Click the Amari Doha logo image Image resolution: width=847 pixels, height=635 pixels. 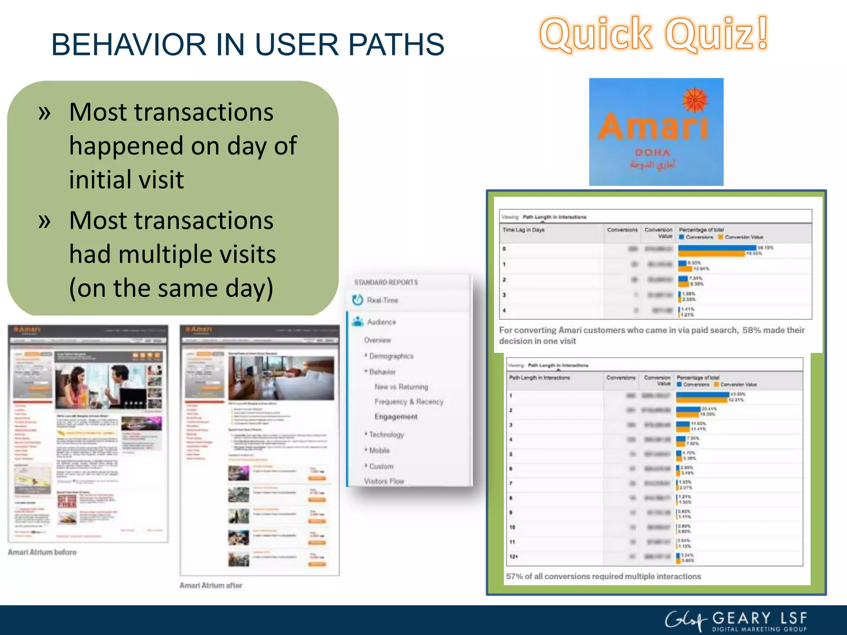coord(656,131)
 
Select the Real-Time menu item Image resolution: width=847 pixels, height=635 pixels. coord(382,300)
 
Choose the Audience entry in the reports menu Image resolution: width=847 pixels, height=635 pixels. coord(381,322)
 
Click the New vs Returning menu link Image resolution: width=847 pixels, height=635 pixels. coord(401,387)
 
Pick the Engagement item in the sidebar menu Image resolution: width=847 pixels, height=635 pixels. coord(396,416)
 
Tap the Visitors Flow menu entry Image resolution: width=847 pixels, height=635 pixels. coord(384,481)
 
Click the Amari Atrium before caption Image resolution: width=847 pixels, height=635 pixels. coord(42,552)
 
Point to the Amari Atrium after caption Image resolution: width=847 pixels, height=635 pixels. coord(211,585)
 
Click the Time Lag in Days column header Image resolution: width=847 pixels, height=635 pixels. coord(523,230)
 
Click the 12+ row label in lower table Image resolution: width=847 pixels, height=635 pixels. coord(513,556)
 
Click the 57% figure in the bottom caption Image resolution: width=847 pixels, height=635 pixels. coord(514,576)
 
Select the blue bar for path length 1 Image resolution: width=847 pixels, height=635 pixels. coord(703,395)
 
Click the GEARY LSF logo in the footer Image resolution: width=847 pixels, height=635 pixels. coord(736,621)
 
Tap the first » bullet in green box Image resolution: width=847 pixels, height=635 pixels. coord(44,112)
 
